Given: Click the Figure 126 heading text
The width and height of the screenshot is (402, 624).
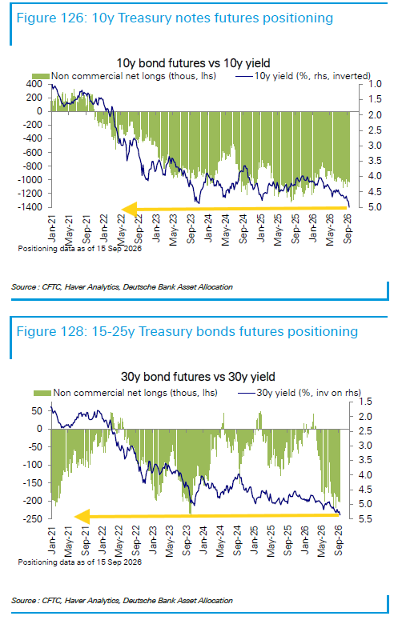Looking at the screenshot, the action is (x=175, y=18).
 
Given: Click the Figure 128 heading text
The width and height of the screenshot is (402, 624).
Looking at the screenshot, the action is (x=187, y=331).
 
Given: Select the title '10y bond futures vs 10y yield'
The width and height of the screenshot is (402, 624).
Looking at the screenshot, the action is (x=193, y=63).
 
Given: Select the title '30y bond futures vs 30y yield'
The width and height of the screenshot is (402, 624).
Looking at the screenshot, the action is (x=198, y=377).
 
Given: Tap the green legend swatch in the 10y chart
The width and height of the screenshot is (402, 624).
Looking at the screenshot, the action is (x=41, y=76).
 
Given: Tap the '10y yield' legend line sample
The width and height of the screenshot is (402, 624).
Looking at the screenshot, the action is (x=243, y=76).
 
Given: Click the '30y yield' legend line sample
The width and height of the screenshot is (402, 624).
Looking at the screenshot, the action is (x=247, y=393).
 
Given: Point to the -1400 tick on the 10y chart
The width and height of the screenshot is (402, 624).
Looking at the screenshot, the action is (x=30, y=207).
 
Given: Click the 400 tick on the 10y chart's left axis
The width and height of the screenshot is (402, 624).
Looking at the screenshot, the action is (x=34, y=83).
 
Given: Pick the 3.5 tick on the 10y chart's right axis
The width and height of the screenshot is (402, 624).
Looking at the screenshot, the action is (x=375, y=161).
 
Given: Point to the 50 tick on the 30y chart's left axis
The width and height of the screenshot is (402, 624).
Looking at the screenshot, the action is (x=37, y=411).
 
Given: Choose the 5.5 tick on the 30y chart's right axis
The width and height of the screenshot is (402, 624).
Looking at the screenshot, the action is (x=365, y=519).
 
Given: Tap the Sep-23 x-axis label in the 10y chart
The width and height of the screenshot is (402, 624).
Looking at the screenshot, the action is (x=191, y=229).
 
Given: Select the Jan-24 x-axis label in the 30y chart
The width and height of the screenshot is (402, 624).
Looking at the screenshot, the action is (x=203, y=541).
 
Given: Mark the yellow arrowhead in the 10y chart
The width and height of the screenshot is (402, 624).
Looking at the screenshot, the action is (x=130, y=209).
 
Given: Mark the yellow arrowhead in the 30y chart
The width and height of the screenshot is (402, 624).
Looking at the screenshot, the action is (x=82, y=517).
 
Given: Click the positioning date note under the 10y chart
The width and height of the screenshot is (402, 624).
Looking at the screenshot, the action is (x=80, y=249).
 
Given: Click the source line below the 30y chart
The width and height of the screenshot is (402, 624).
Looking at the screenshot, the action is (x=122, y=601).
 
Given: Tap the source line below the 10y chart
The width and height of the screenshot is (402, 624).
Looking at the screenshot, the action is (x=122, y=287).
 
